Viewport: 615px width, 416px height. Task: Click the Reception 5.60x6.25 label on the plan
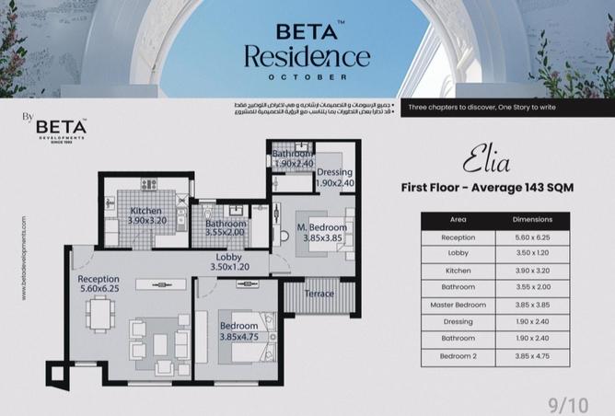pos(99,283)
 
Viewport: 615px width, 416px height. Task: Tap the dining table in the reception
pos(101,316)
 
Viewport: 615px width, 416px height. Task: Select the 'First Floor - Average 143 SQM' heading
pos(487,187)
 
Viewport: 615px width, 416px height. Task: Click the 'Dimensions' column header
pos(533,220)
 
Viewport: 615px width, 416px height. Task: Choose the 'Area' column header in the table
pos(458,220)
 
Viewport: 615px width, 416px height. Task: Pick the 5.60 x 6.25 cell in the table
pos(533,237)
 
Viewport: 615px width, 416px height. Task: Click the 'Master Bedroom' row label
pos(458,305)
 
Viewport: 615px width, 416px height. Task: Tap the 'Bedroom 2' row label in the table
pos(458,355)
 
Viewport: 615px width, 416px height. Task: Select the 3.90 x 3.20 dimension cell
pos(533,272)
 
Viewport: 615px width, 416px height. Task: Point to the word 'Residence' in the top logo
pos(307,57)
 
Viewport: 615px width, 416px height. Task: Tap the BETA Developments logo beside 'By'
pos(62,127)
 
